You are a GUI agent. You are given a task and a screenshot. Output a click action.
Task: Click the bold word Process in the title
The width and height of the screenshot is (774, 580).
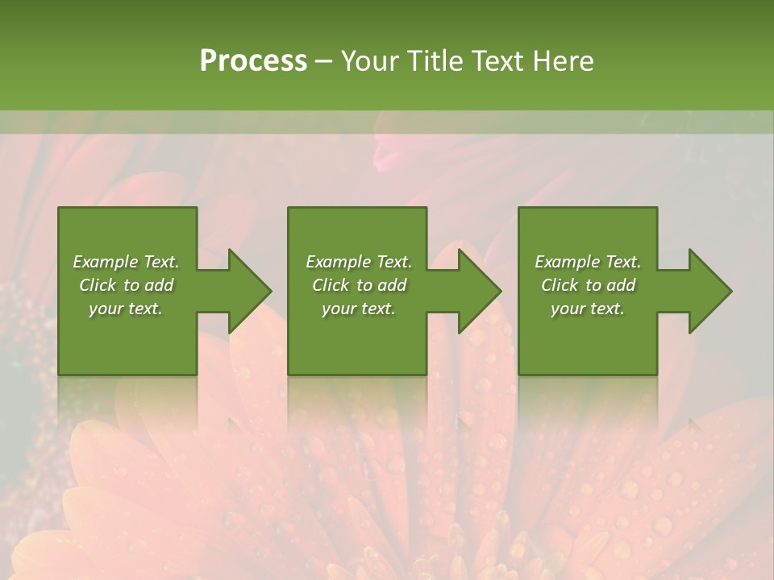(x=253, y=61)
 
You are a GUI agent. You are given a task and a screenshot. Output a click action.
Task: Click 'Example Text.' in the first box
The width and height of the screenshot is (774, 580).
(x=126, y=262)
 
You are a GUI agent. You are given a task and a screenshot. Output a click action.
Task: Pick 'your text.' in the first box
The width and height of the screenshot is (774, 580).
(x=126, y=309)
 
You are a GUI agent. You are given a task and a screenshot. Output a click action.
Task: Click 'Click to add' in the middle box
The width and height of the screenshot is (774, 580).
(x=359, y=285)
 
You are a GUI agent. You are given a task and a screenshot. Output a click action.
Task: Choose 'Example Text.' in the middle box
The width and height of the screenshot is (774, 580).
(x=359, y=262)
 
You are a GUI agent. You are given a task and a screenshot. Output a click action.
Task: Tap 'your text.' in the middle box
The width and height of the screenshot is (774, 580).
(x=359, y=309)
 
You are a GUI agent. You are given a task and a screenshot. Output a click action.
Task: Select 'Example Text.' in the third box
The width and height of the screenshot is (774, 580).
(x=588, y=262)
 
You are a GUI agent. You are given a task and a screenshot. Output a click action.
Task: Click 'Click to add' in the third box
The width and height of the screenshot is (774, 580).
(x=588, y=285)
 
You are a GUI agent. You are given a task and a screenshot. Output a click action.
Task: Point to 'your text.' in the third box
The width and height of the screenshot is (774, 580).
(x=588, y=309)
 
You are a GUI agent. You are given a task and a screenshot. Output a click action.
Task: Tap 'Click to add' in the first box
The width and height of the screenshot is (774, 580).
(x=126, y=285)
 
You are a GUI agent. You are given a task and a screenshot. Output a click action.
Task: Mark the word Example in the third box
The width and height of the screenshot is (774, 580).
(x=568, y=262)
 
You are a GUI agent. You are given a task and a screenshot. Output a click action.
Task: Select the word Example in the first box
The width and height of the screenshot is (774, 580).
(x=106, y=262)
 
